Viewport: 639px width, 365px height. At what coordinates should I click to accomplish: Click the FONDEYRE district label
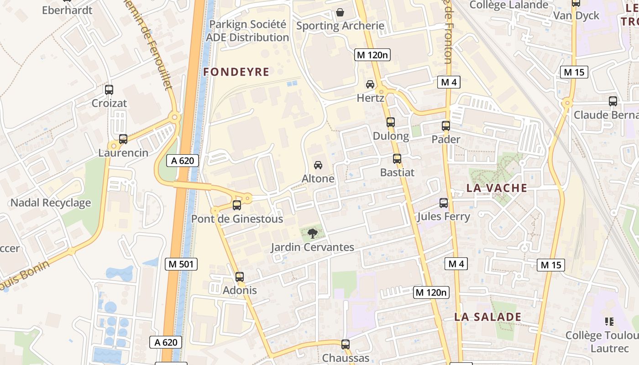236,72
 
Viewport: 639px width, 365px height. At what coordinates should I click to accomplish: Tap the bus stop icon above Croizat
109,90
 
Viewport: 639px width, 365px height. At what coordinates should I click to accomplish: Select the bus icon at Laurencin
123,139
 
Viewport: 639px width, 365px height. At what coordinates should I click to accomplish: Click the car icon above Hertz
370,84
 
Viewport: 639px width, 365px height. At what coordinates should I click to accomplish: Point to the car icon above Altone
318,165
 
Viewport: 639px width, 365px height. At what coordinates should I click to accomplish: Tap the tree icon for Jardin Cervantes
313,234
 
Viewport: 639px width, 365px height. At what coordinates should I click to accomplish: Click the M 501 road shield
181,264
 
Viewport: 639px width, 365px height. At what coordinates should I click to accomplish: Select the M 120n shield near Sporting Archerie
373,55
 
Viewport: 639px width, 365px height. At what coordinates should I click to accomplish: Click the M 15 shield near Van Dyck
574,72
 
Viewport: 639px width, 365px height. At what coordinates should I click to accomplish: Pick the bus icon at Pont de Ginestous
237,205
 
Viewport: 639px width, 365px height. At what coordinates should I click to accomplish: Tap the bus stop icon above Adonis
240,276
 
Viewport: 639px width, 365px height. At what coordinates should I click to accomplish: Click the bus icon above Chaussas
346,344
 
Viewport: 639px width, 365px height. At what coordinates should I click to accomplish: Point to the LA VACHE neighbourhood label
497,188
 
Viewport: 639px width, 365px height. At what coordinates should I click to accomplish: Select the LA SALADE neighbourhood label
487,317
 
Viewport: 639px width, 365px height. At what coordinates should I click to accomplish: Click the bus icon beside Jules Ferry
444,203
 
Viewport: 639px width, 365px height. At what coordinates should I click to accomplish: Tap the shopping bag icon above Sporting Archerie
340,12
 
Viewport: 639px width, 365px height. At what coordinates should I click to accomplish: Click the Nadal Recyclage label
50,203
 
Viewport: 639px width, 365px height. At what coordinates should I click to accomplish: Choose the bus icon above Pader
446,126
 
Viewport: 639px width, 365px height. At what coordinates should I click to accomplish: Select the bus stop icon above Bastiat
397,159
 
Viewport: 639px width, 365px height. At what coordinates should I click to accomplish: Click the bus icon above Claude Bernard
613,101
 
